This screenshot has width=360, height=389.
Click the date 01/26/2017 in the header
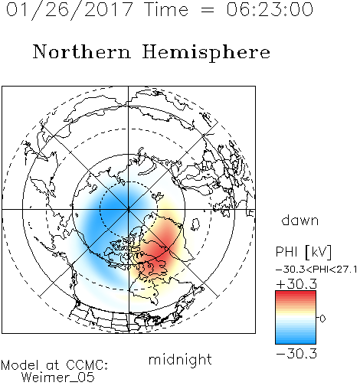point(69,10)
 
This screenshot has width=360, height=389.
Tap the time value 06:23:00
point(270,9)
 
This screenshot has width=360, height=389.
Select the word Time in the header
point(166,9)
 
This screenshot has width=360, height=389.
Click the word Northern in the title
point(82,51)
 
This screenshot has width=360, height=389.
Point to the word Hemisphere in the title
point(206,53)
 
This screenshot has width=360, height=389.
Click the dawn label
point(300,220)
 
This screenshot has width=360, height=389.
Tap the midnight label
point(180,359)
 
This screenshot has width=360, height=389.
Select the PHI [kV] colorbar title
point(303,252)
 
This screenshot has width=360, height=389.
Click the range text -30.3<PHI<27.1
point(316,270)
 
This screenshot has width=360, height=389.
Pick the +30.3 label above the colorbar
point(296,284)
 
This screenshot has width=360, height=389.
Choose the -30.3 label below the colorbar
point(296,354)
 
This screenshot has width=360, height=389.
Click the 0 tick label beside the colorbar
point(322,319)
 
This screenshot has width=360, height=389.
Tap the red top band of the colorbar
point(296,294)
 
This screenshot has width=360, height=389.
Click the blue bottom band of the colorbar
point(296,340)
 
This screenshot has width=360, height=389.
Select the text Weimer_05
point(57,378)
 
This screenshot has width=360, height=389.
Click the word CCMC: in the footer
point(87,365)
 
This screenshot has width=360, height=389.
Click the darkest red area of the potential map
point(161,251)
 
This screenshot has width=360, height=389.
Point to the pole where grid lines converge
point(128,209)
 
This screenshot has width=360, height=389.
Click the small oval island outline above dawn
point(195,224)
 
